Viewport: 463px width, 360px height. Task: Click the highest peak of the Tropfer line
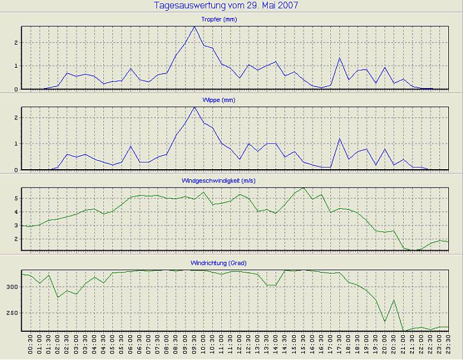point(195,27)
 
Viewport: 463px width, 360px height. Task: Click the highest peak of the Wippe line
point(195,107)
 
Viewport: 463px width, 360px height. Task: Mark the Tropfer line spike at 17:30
point(339,58)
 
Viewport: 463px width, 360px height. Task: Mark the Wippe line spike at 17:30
point(339,139)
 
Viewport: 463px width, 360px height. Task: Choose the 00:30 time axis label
point(31,347)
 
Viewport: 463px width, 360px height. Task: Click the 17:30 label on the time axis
point(339,347)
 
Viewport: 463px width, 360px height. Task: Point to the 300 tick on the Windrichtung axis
point(13,287)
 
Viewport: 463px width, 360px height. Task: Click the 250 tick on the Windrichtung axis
point(13,313)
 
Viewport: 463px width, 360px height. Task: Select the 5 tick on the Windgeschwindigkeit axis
point(17,199)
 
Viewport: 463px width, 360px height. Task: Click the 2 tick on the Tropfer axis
point(17,43)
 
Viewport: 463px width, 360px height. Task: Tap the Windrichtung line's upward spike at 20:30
point(394,300)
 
